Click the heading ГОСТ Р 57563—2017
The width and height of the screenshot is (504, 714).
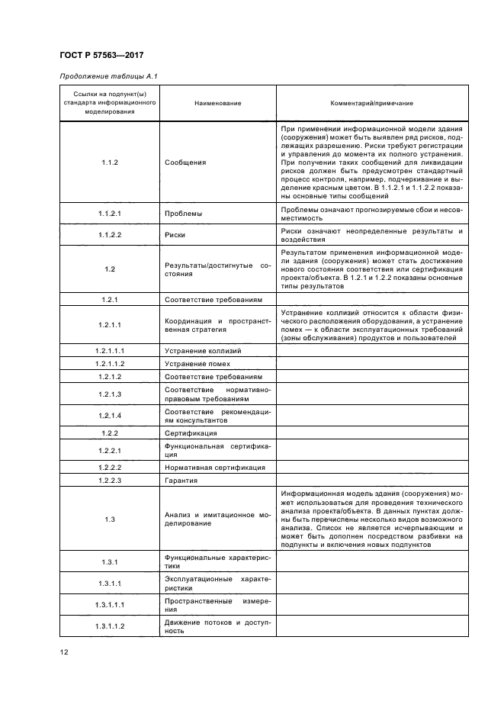[x=101, y=55]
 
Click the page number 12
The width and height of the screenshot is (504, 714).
[x=63, y=651]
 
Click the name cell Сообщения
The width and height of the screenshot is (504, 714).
[x=185, y=162]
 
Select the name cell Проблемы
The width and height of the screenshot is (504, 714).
[x=183, y=214]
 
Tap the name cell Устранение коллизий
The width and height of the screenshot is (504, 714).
[x=203, y=351]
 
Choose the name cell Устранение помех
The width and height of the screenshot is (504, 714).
[x=196, y=364]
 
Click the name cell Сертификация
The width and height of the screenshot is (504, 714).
[x=190, y=433]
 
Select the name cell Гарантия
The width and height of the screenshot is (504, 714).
[x=181, y=481]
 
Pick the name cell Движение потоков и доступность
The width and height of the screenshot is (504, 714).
[x=217, y=626]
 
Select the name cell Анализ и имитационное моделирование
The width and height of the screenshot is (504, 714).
[x=217, y=519]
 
